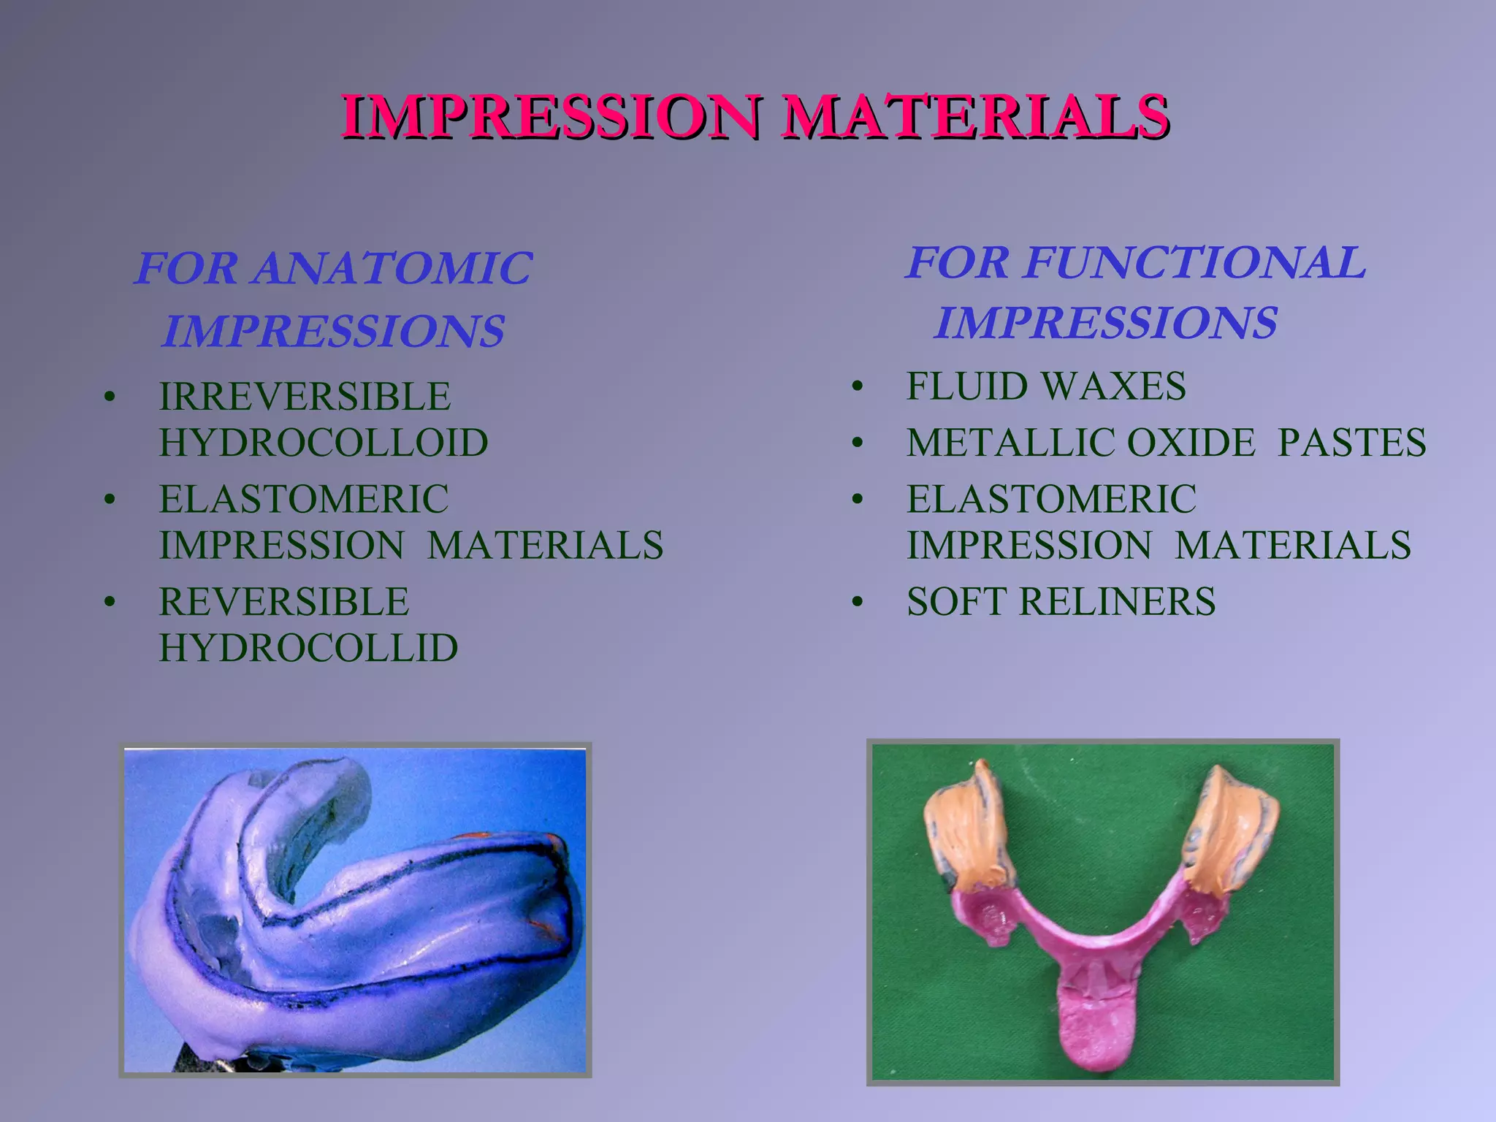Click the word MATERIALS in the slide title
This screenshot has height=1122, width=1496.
point(975,117)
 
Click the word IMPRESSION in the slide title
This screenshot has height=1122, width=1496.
point(552,117)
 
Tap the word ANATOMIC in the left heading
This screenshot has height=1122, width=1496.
point(393,268)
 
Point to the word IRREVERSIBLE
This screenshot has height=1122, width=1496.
point(305,397)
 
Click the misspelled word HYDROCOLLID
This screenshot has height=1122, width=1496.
point(308,648)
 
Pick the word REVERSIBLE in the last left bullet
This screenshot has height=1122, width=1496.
point(283,602)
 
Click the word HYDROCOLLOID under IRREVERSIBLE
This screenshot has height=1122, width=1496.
point(324,443)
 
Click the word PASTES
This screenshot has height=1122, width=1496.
point(1351,443)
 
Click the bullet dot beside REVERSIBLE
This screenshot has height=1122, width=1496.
point(110,603)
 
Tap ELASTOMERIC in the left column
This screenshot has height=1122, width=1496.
point(304,500)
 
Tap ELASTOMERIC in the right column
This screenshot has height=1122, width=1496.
point(1051,500)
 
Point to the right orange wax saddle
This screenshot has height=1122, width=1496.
point(1234,833)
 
